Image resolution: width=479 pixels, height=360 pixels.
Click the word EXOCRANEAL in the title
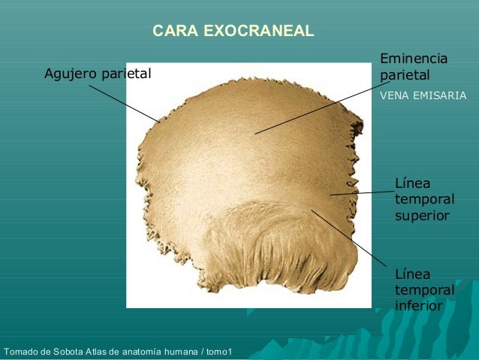259,32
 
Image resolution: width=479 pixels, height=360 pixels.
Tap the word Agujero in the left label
71,74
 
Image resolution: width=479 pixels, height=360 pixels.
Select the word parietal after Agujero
125,74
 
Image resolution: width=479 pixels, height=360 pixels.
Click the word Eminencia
414,59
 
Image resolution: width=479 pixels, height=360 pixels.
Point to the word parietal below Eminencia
405,76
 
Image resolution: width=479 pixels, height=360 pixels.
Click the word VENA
395,96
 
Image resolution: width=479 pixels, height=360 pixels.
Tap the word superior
423,216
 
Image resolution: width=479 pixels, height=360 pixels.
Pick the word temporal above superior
425,199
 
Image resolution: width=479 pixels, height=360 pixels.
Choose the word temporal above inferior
425,290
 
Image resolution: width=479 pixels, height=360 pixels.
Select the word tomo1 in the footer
218,352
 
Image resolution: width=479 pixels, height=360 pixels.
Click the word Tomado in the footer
22,352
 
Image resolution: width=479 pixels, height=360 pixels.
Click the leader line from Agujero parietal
124,103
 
